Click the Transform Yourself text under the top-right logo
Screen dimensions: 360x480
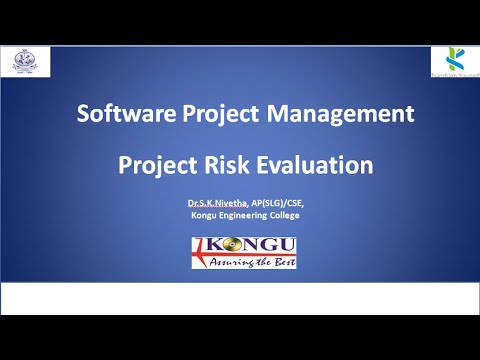pyautogui.click(x=451, y=73)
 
